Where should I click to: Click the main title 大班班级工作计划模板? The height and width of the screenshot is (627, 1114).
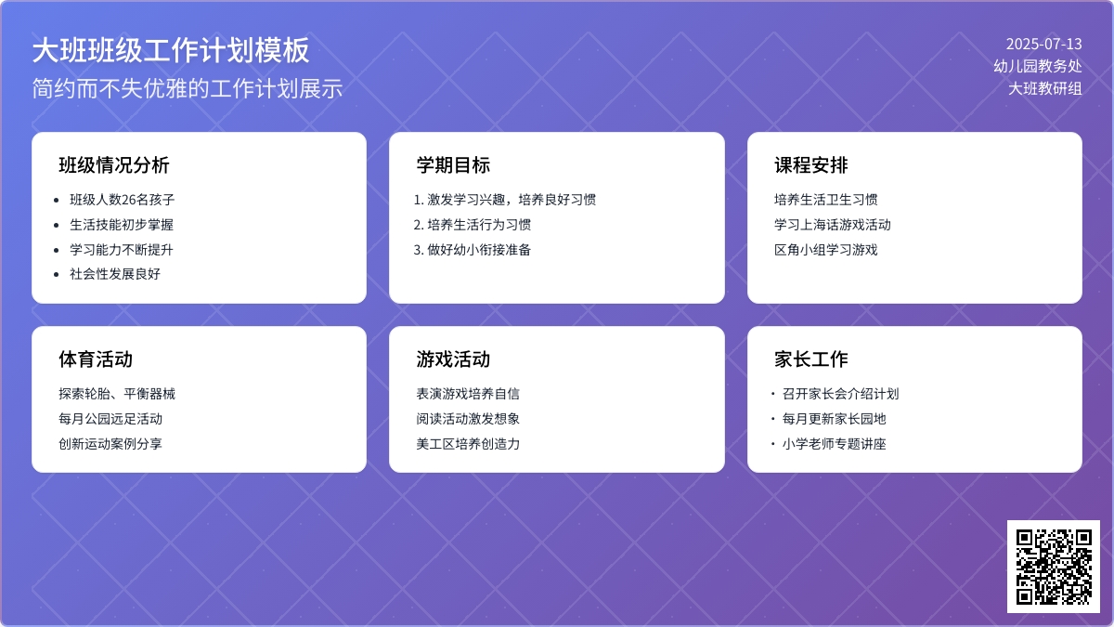tap(171, 51)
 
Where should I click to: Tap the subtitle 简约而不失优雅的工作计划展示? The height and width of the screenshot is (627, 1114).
tap(188, 88)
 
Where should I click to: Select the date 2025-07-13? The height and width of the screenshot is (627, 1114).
tap(1043, 44)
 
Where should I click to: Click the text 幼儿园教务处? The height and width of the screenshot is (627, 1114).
tap(1037, 66)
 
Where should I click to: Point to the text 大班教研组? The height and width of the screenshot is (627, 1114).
tap(1045, 89)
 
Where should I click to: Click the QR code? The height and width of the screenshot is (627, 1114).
tap(1053, 566)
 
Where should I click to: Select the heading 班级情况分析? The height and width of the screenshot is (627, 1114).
tap(114, 165)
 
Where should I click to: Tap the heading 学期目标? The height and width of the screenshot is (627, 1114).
tap(453, 165)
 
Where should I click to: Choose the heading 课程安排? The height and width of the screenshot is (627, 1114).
tap(811, 165)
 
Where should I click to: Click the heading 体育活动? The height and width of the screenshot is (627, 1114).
tap(96, 359)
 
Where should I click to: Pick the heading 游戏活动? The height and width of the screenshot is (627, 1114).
tap(453, 359)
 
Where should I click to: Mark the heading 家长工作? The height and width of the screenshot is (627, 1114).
tap(811, 359)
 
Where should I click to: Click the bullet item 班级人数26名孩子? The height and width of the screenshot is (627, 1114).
tap(122, 200)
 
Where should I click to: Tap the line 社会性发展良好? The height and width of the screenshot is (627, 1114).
tap(115, 274)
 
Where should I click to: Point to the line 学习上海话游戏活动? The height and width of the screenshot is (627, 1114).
tap(833, 225)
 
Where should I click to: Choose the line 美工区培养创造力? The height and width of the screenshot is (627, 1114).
tap(468, 444)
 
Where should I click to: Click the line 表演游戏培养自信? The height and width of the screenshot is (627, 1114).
tap(468, 394)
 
